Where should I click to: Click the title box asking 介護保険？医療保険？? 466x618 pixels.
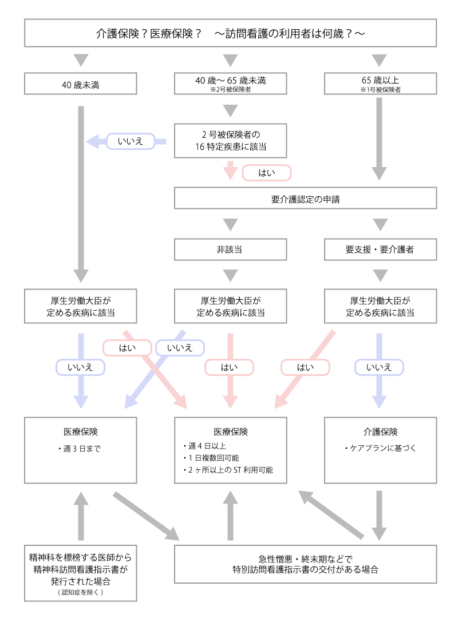pyautogui.click(x=230, y=33)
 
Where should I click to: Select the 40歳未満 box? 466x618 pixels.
pyautogui.click(x=81, y=84)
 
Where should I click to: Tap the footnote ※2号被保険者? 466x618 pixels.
pyautogui.click(x=230, y=89)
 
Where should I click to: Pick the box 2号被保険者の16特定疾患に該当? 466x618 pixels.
pyautogui.click(x=230, y=141)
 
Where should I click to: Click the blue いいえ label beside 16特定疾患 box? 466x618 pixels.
pyautogui.click(x=130, y=141)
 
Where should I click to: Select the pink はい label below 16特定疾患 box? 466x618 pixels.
pyautogui.click(x=266, y=172)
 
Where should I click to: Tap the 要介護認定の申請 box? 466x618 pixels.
pyautogui.click(x=306, y=200)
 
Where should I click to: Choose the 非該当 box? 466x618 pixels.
pyautogui.click(x=230, y=250)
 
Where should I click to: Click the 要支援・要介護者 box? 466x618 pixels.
pyautogui.click(x=380, y=250)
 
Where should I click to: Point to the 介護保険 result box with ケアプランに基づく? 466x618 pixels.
pyautogui.click(x=380, y=450)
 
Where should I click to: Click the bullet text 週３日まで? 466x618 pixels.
pyautogui.click(x=80, y=449)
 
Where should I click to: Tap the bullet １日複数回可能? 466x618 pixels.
pyautogui.click(x=212, y=458)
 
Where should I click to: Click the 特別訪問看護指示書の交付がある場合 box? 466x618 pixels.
pyautogui.click(x=306, y=564)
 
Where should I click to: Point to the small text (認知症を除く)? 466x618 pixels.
pyautogui.click(x=81, y=592)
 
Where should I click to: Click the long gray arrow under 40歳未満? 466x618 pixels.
pyautogui.click(x=81, y=189)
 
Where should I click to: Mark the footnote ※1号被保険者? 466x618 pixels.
pyautogui.click(x=380, y=89)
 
